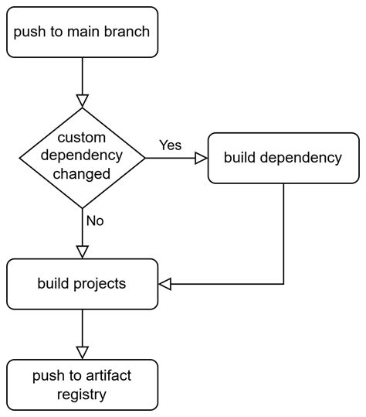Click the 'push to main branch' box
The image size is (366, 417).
(x=81, y=32)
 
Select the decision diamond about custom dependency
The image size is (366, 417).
(x=81, y=158)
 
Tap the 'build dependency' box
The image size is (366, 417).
(x=283, y=158)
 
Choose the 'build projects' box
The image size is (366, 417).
(x=81, y=283)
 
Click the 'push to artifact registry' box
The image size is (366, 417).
(x=81, y=385)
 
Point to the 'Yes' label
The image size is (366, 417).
(x=170, y=145)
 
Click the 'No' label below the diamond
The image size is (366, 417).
(x=95, y=220)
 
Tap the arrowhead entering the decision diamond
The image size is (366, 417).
(x=81, y=100)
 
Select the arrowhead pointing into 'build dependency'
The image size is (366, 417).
(x=200, y=158)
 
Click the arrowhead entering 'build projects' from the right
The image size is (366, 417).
(x=164, y=284)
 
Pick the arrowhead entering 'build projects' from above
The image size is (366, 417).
(x=81, y=251)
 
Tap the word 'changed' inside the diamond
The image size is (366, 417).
(x=81, y=174)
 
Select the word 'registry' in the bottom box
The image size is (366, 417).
(x=81, y=394)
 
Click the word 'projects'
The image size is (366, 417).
(x=103, y=284)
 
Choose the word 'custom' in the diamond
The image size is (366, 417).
(x=81, y=140)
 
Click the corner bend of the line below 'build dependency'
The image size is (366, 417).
(x=283, y=284)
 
